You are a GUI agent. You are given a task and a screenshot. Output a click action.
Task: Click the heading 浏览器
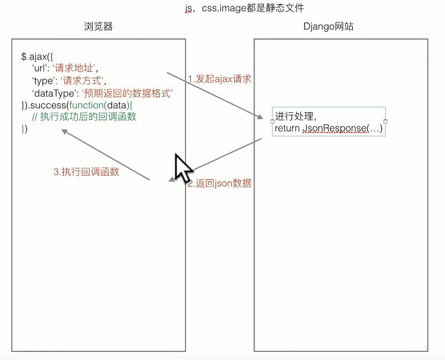[99, 26]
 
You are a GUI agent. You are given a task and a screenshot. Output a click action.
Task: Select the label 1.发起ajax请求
[219, 79]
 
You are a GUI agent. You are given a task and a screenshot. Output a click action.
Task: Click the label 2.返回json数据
[219, 183]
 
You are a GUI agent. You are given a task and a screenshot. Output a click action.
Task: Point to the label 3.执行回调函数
[86, 172]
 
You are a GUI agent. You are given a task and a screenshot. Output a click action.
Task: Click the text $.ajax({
[37, 56]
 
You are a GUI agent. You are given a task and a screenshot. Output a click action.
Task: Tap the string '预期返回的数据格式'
[127, 93]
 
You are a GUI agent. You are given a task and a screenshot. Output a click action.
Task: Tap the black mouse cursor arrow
[181, 167]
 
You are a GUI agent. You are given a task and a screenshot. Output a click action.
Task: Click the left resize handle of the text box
[272, 122]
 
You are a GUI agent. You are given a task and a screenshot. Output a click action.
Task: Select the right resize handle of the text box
[385, 122]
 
